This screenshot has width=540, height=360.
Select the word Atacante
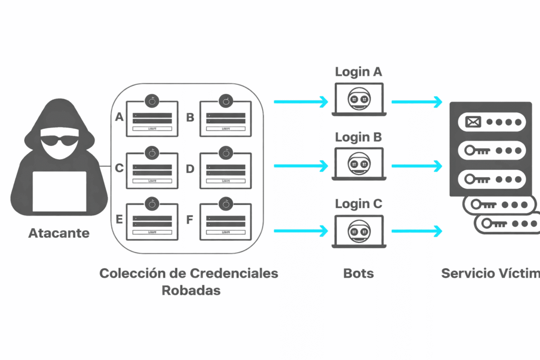[x=59, y=232]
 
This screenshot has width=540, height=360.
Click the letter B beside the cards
[x=190, y=117]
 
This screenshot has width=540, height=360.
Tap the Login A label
[x=359, y=72]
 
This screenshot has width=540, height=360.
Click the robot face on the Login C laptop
[x=359, y=230]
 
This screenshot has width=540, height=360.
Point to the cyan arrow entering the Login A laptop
[x=301, y=102]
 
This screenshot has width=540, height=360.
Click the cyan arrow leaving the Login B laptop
[x=417, y=166]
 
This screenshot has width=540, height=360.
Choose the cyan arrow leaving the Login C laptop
[x=417, y=230]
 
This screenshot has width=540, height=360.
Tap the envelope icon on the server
[x=471, y=122]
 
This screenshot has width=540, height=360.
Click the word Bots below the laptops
[x=359, y=273]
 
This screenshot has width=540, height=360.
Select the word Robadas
[x=191, y=290]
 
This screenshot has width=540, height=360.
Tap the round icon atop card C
[x=152, y=152]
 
